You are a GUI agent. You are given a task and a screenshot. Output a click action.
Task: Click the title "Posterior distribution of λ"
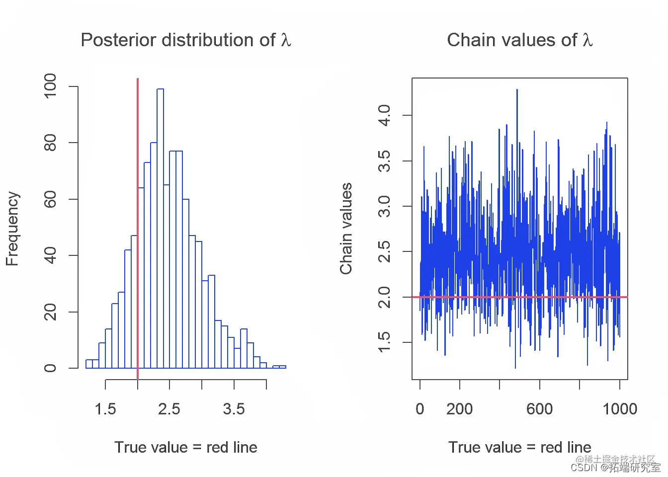click(185, 40)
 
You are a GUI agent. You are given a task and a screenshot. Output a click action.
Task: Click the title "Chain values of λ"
click(519, 40)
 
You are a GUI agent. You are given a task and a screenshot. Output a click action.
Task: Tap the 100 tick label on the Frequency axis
click(50, 86)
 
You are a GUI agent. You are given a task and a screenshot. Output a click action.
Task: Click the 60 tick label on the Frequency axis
click(50, 199)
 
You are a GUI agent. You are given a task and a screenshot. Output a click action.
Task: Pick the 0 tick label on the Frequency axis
click(50, 368)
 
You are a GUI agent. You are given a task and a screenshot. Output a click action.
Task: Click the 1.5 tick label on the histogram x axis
click(105, 409)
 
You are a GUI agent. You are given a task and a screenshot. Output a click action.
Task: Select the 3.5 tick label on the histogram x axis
click(234, 409)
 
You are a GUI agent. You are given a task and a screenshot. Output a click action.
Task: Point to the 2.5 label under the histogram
click(169, 409)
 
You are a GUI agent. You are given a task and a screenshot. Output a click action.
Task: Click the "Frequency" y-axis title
click(12, 229)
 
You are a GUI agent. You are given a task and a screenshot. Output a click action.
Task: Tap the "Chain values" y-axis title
click(346, 229)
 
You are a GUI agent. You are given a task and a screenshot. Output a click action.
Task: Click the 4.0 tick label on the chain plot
click(384, 115)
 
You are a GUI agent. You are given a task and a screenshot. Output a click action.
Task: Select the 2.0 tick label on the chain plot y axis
click(384, 297)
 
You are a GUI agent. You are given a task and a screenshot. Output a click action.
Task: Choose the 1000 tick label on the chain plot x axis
click(619, 409)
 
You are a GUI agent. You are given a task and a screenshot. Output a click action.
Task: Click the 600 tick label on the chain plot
click(539, 409)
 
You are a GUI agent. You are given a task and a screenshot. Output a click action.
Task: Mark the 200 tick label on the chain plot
click(459, 409)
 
